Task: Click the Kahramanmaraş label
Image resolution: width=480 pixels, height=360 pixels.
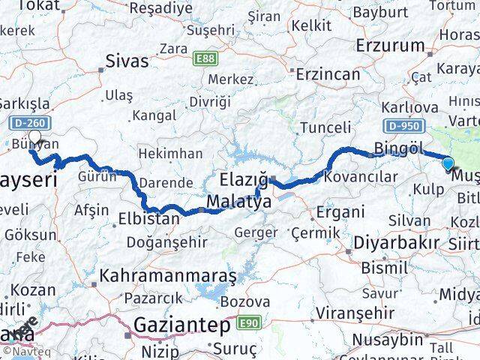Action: [x=168, y=275]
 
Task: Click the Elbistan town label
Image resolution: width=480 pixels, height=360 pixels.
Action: [x=149, y=220]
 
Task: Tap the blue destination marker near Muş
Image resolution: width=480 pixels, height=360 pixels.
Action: [x=448, y=164]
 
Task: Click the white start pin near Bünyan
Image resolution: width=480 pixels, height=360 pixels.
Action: [x=34, y=137]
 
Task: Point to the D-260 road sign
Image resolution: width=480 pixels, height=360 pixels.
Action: [x=29, y=121]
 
